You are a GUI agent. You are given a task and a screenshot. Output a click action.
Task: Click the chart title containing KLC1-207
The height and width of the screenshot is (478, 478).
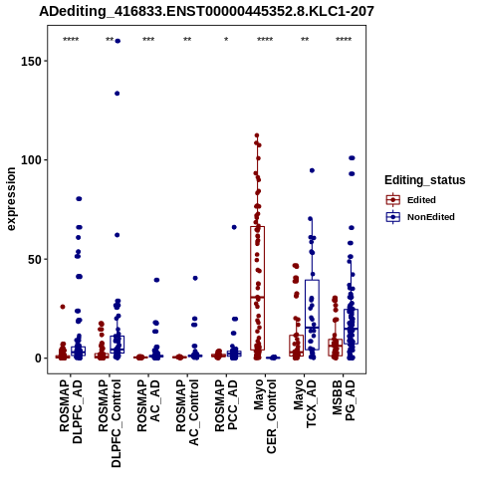(x=206, y=11)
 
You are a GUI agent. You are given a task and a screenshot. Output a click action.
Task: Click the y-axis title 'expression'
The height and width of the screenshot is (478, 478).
(x=11, y=199)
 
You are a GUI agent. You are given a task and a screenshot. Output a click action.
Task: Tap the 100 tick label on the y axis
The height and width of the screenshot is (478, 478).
(x=32, y=160)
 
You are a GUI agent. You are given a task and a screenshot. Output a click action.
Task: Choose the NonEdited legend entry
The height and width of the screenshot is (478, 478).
(x=420, y=217)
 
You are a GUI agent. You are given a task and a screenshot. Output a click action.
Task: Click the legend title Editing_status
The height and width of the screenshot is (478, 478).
(x=425, y=180)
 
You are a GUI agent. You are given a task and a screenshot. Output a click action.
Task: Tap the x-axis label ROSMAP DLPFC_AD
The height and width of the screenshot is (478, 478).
(x=71, y=411)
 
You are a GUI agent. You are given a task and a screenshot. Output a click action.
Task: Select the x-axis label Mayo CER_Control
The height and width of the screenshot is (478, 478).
(x=265, y=416)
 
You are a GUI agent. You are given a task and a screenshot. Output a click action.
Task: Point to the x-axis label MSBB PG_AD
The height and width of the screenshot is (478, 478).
(x=344, y=400)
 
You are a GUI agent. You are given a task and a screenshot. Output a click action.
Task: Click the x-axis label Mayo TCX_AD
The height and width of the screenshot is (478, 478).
(x=305, y=403)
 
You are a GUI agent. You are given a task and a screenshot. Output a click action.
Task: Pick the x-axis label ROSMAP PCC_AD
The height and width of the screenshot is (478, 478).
(x=226, y=405)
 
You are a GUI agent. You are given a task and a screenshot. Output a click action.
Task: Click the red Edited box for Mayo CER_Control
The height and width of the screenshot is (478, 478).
(x=257, y=288)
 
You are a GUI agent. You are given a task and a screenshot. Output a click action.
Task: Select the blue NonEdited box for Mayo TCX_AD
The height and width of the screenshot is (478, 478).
(x=312, y=315)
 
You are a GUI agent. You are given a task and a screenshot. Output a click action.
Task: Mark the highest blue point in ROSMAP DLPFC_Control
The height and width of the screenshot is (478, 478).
(x=118, y=41)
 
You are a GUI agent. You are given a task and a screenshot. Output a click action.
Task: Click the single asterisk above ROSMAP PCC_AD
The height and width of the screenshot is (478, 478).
(x=226, y=40)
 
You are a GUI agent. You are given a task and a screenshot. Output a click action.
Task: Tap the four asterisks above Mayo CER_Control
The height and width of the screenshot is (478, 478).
(x=265, y=40)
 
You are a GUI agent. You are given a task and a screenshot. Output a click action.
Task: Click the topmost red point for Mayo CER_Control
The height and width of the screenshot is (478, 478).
(x=257, y=135)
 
